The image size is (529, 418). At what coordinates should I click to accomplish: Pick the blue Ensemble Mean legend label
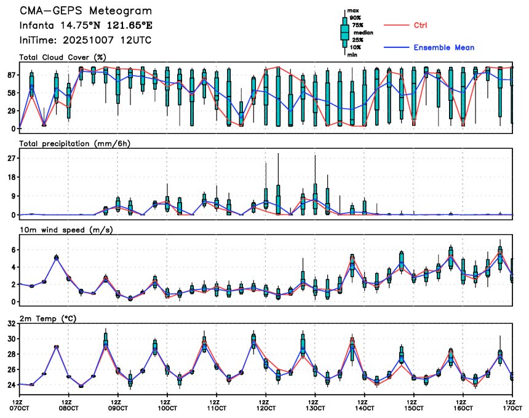(443, 47)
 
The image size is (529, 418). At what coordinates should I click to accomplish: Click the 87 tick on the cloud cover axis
(10, 75)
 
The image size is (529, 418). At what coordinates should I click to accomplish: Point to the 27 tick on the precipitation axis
(10, 158)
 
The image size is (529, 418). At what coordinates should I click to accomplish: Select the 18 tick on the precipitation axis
(10, 177)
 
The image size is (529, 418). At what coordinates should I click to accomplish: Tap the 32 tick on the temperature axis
(10, 323)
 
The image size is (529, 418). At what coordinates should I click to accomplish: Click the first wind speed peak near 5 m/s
(56, 258)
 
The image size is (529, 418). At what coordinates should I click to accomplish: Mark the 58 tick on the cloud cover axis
(10, 93)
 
